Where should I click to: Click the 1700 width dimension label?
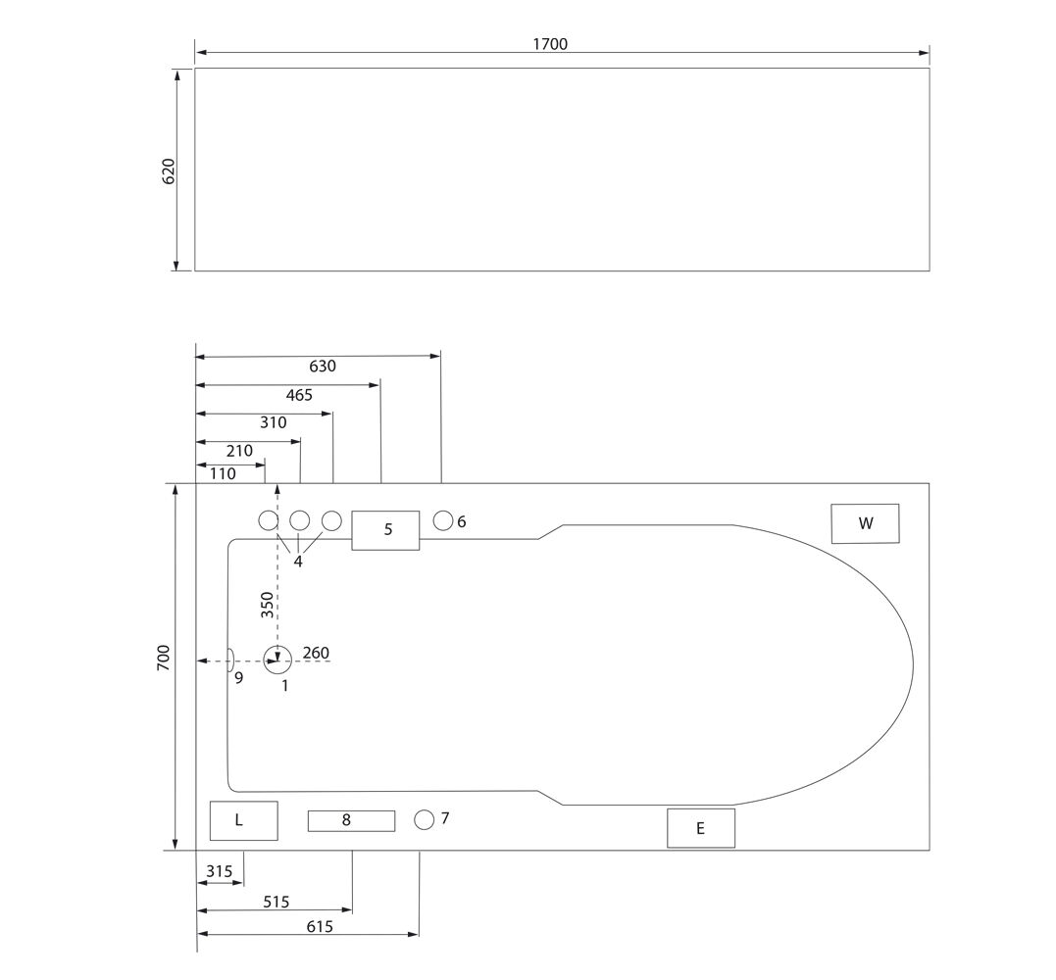point(550,44)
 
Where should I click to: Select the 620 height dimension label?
point(169,171)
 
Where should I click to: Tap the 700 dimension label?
point(164,658)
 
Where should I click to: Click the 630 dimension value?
point(323,367)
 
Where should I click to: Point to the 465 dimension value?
point(299,395)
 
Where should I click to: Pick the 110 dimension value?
point(223,474)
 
